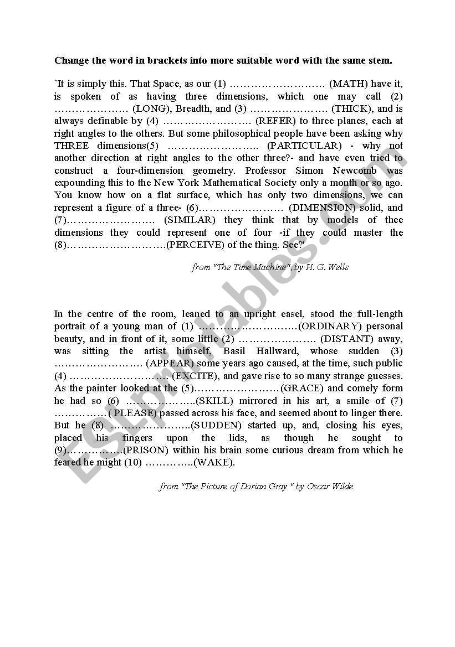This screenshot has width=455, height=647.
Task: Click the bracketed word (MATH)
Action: (349, 84)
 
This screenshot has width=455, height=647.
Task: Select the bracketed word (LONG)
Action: (154, 109)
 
